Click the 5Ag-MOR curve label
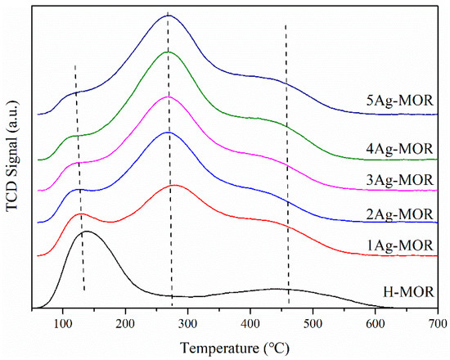[x=399, y=104]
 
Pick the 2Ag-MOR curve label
[x=399, y=214]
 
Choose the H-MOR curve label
[x=409, y=291]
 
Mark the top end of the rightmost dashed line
[x=286, y=25]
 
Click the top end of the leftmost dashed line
[x=74, y=65]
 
